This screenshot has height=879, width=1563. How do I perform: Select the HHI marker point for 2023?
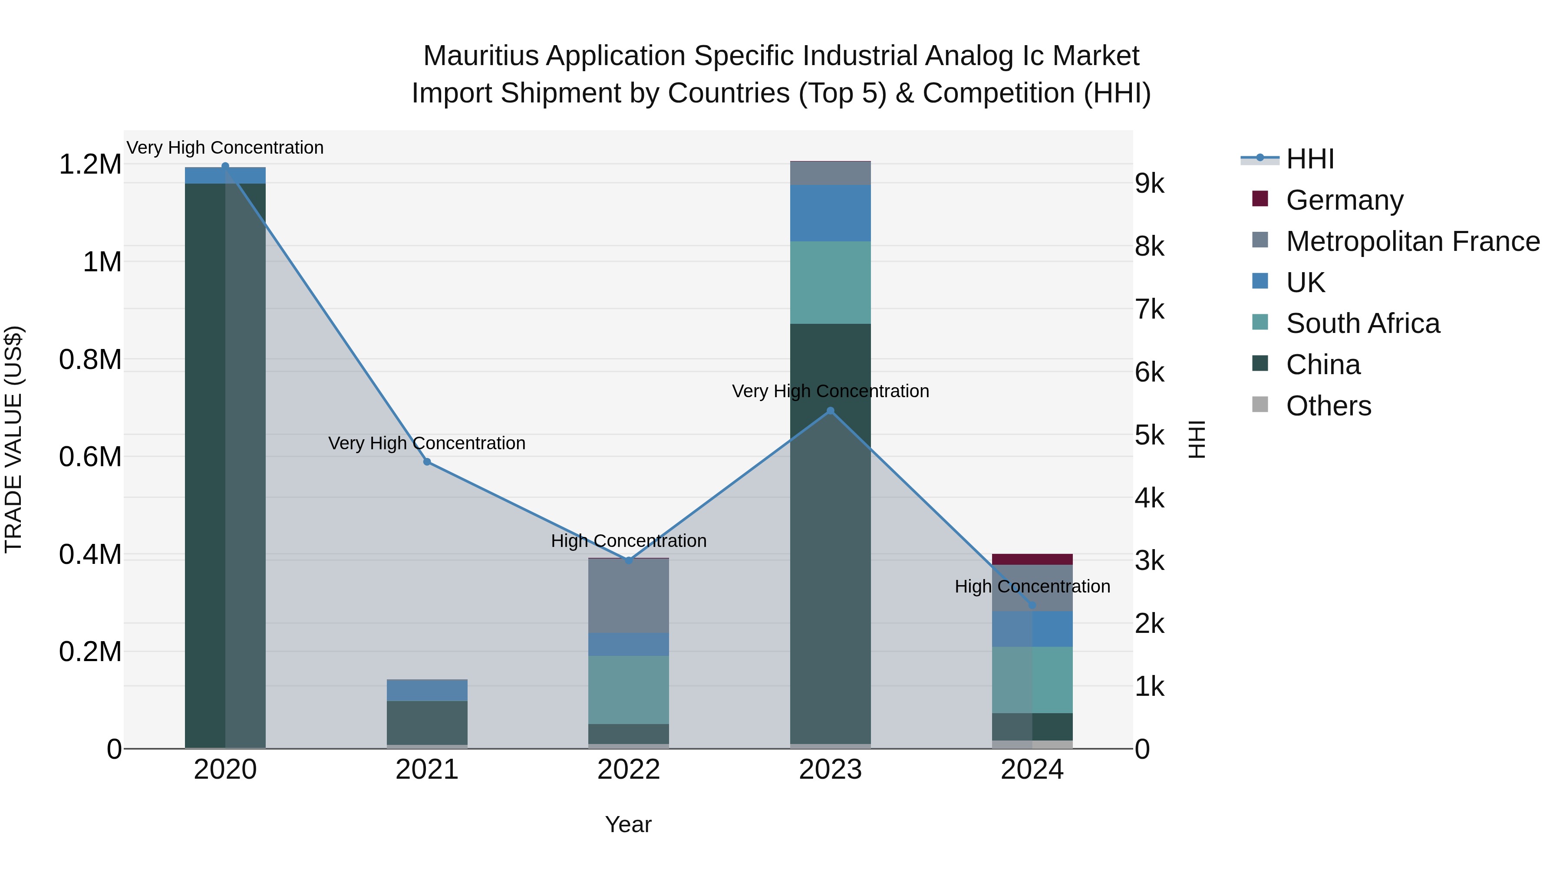click(830, 411)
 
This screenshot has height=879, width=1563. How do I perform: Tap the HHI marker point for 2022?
click(629, 560)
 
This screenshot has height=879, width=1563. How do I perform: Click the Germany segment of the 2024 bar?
click(1032, 560)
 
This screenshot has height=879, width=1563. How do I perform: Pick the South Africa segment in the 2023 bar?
click(830, 283)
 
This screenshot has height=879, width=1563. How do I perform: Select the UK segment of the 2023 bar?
click(830, 213)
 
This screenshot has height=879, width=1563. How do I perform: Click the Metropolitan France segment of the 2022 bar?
click(629, 596)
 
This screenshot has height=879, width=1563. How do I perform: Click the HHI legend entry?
click(1309, 159)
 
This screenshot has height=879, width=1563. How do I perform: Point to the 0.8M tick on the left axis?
click(90, 360)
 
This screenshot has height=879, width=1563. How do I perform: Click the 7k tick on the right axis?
click(1150, 310)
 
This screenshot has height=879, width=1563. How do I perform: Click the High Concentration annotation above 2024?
click(1032, 586)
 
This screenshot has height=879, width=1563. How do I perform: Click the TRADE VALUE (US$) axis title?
click(13, 439)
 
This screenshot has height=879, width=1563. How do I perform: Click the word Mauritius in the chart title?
click(481, 56)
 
